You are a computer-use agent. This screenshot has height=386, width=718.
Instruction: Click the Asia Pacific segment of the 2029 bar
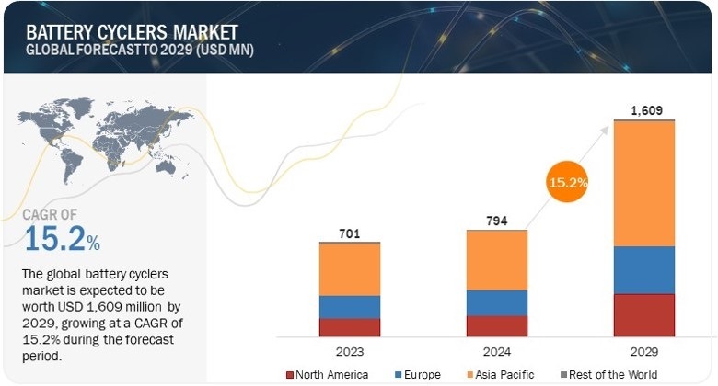pyautogui.click(x=643, y=184)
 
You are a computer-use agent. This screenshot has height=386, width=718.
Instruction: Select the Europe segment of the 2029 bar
pyautogui.click(x=643, y=270)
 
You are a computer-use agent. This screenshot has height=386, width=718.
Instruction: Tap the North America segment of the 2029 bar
pyautogui.click(x=643, y=315)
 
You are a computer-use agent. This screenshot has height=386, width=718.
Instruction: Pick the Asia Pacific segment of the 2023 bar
pyautogui.click(x=350, y=269)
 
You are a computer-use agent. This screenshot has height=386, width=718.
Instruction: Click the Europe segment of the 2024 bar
pyautogui.click(x=497, y=302)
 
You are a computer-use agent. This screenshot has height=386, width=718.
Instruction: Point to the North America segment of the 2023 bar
pyautogui.click(x=350, y=327)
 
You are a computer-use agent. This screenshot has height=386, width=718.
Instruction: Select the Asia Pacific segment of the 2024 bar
pyautogui.click(x=497, y=260)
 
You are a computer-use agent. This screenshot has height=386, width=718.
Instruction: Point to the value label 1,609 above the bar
pyautogui.click(x=643, y=110)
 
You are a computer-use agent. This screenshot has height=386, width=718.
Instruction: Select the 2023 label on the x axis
pyautogui.click(x=350, y=351)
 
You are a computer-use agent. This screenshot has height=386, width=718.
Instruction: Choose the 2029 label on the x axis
pyautogui.click(x=643, y=351)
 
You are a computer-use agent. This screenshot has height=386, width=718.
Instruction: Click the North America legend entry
pyautogui.click(x=332, y=375)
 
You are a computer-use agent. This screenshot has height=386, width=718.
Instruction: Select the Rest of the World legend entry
pyautogui.click(x=614, y=375)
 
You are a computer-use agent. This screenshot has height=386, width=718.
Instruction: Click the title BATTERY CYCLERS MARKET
pyautogui.click(x=121, y=31)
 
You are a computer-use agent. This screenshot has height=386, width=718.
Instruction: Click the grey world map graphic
pyautogui.click(x=87, y=147)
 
